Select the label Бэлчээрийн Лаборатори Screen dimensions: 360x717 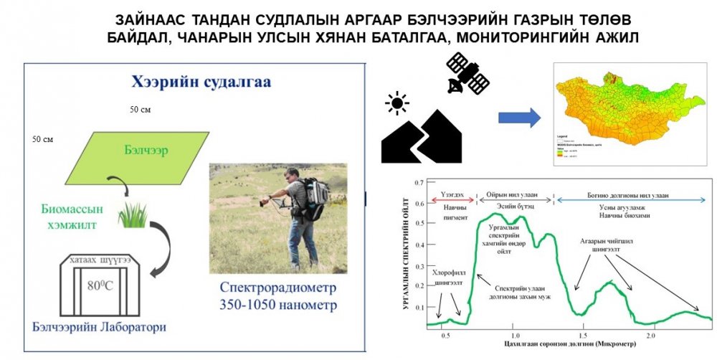(x=100, y=327)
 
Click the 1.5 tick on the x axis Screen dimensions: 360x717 (x=582, y=336)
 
